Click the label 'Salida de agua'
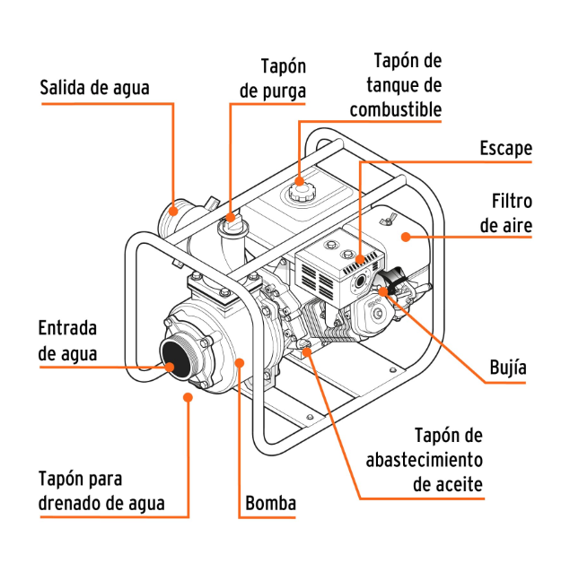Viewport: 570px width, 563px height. point(94,88)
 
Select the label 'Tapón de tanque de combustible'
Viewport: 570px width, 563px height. point(396,86)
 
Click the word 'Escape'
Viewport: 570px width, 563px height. point(505,149)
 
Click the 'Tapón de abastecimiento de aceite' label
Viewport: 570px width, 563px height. point(425,460)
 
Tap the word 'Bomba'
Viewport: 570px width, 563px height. point(270,503)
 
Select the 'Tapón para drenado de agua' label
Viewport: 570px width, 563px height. point(101,490)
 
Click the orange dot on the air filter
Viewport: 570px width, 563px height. point(406,237)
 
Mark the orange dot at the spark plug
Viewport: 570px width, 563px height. point(384,289)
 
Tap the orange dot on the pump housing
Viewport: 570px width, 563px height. point(239,361)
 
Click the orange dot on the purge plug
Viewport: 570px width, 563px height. point(231,216)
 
